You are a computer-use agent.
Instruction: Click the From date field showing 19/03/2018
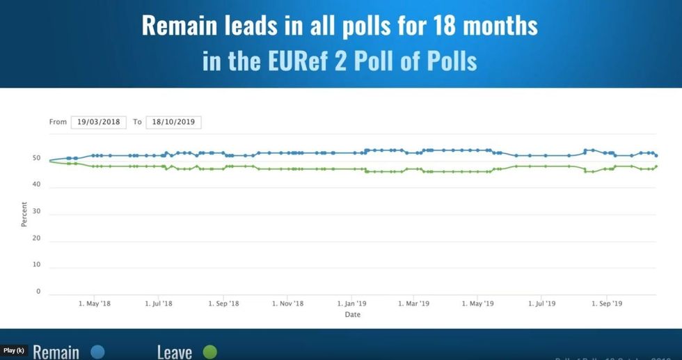[98, 122]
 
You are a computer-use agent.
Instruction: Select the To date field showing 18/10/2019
[173, 122]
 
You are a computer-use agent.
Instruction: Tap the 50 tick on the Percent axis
[38, 158]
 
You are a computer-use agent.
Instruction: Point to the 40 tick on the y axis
[38, 185]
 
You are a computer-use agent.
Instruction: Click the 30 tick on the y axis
[38, 211]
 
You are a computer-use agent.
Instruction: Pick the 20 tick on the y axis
[38, 238]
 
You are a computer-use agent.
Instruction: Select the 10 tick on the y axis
[38, 265]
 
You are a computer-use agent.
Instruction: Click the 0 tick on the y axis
[39, 291]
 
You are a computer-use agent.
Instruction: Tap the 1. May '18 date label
[95, 304]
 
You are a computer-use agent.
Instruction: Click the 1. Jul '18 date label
[158, 304]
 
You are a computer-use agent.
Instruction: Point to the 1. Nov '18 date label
[287, 304]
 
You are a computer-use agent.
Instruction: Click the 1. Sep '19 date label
[605, 304]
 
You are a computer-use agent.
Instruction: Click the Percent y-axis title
[24, 214]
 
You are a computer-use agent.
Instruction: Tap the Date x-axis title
[353, 315]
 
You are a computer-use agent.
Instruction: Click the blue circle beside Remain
[97, 352]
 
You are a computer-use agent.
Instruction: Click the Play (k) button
[14, 350]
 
